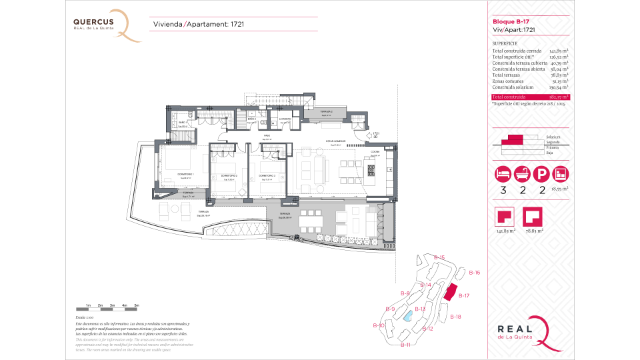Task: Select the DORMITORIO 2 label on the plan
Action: (x=229, y=176)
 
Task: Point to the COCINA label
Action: (x=375, y=153)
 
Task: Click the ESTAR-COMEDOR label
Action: (x=316, y=141)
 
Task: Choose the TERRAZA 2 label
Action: (x=326, y=112)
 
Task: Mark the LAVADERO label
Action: (x=285, y=119)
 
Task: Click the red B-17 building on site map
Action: (x=451, y=292)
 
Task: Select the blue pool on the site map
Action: (x=405, y=317)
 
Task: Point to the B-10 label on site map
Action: (x=378, y=325)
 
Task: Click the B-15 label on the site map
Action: (x=438, y=257)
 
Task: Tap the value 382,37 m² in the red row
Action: (x=559, y=97)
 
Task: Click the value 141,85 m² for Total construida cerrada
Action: (x=559, y=51)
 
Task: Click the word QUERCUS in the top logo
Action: (x=93, y=21)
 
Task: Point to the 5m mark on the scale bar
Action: (x=137, y=305)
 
